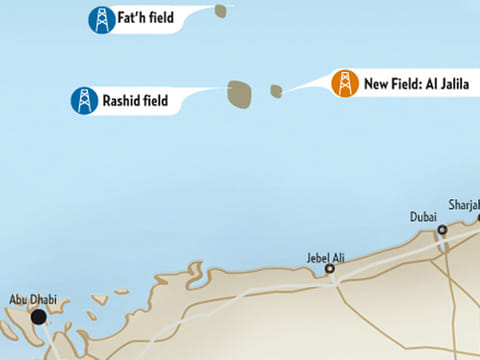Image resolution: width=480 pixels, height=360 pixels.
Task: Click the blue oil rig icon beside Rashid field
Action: pos(84,100)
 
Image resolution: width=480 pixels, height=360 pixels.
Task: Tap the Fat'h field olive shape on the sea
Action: pos(219,10)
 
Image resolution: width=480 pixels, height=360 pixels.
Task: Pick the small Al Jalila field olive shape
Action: pos(276,91)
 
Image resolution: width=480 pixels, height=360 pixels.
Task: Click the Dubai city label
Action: pos(424,216)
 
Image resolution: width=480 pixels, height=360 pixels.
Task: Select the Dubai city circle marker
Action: pos(442,230)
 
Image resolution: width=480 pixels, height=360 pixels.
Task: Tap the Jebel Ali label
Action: pos(325,257)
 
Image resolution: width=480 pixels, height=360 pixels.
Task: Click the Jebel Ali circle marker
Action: pos(330,268)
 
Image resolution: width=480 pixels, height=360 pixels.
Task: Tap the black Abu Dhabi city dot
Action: pos(38,317)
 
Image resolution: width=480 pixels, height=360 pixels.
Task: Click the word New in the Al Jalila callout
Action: pos(376,85)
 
